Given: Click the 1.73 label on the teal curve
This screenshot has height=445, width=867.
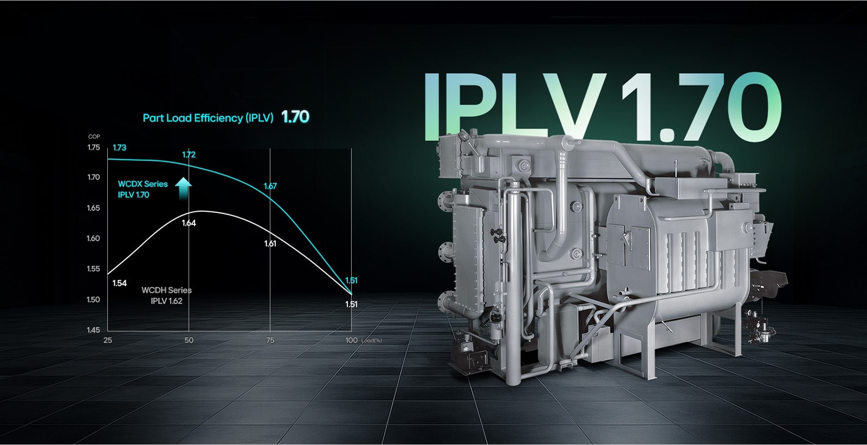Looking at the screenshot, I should point(119,147).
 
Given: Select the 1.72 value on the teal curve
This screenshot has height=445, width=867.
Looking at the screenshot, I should point(189,154).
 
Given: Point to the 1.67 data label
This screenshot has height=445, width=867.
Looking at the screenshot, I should point(270,186).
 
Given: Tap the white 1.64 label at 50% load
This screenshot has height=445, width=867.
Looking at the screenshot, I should point(189,223).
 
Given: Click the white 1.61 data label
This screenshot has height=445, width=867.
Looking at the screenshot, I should point(270,243).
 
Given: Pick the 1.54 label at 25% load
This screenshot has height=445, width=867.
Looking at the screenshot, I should point(119,283).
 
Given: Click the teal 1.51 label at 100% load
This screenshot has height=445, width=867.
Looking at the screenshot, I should point(352,280).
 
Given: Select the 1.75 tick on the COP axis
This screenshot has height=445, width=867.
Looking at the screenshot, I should point(93,147).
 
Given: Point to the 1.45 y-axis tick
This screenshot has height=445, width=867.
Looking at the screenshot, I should point(93,330).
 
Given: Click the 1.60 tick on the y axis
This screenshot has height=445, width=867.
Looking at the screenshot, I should point(93,238).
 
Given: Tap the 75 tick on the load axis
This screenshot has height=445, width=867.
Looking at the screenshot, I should point(270,340).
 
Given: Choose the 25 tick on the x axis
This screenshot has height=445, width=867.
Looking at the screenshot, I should point(107,340).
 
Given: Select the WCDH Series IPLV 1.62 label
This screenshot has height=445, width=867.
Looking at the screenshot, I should point(166,295).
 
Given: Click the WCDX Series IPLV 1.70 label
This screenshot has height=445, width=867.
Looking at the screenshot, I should point(143,189).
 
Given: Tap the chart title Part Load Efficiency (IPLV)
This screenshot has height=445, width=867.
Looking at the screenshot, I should point(208,118).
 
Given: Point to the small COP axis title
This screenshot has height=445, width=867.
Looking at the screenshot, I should point(94,137).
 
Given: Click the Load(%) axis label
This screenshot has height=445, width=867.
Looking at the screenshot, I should point(372,340).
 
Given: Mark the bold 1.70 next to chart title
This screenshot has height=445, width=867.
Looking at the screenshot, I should point(295,117).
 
